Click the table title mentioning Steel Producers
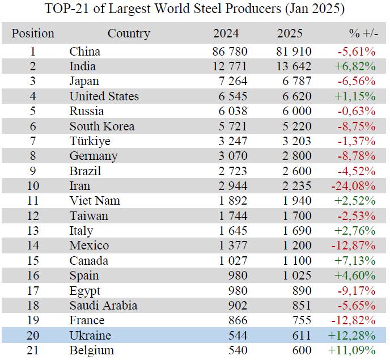pos(194,10)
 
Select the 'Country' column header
pos(129,33)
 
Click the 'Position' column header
pos(33,33)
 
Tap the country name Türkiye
pos(90,141)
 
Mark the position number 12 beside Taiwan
pos(33,215)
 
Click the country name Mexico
pos(89,245)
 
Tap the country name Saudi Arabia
pos(103,306)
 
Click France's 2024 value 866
pos(237,320)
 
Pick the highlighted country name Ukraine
pos(90,335)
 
